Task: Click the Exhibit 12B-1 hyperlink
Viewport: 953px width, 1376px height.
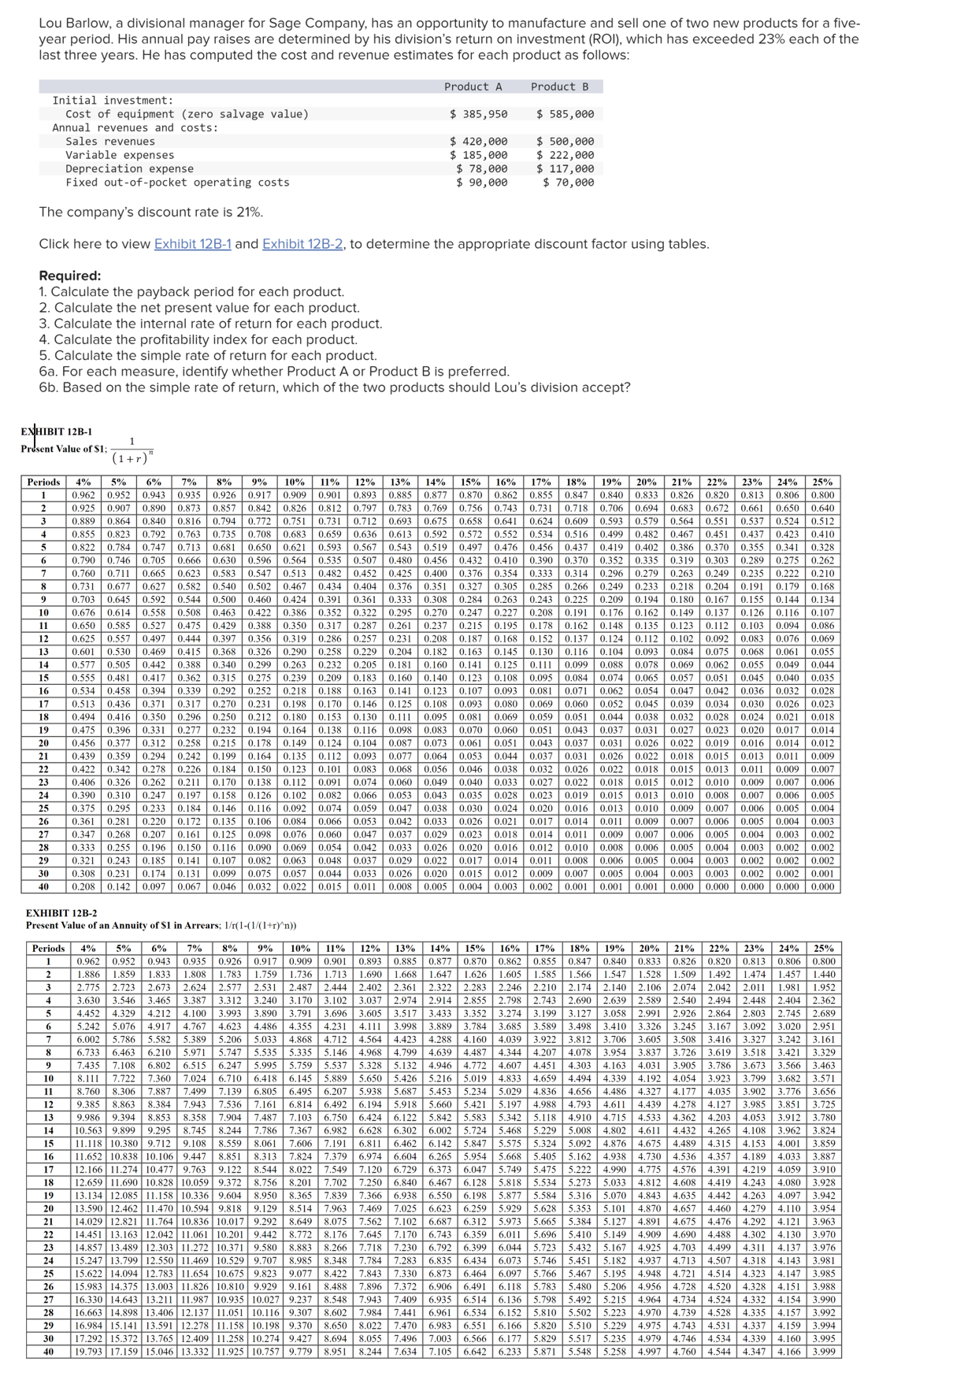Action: click(192, 244)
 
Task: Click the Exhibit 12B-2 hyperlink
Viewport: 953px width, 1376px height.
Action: click(302, 244)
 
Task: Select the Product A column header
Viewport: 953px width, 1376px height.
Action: click(473, 87)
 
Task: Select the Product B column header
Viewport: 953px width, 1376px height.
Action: click(559, 87)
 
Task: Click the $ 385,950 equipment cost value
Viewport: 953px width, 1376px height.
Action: click(478, 114)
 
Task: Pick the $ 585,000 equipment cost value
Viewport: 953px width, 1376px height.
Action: click(565, 114)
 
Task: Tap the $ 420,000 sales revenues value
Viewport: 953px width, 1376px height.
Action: click(478, 142)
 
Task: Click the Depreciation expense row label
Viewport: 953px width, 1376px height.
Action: click(129, 168)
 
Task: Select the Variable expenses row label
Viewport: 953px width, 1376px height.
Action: click(120, 155)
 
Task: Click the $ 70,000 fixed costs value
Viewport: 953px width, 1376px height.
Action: click(568, 183)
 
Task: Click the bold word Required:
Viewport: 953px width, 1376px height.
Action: click(70, 276)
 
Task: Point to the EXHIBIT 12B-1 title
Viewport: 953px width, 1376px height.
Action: click(56, 431)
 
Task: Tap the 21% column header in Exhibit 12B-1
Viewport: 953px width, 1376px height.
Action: click(681, 482)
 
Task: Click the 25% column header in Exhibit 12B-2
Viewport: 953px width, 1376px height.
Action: click(823, 949)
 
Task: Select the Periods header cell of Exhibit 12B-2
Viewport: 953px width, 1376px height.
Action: click(48, 949)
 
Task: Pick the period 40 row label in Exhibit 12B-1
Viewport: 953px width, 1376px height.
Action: click(43, 886)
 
